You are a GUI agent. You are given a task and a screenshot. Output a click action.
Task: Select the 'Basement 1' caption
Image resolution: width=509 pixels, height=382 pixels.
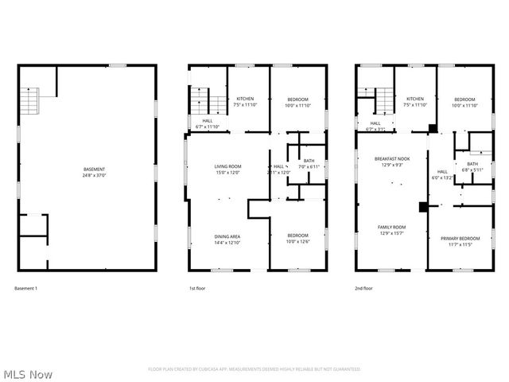point(26,288)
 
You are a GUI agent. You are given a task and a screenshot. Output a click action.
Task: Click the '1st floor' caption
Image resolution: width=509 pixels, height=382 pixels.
point(197,288)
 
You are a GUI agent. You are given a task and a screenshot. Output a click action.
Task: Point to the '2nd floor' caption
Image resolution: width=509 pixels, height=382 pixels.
point(364,288)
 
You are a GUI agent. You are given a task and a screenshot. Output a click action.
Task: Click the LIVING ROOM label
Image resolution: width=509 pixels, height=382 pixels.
point(227,166)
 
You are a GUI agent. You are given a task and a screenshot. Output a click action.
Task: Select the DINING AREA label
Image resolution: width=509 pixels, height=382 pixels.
point(227,236)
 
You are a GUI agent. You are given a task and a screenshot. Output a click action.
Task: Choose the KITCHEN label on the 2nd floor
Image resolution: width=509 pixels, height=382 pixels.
point(414,99)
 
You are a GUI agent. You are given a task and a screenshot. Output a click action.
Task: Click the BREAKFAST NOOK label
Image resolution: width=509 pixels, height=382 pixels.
point(390,159)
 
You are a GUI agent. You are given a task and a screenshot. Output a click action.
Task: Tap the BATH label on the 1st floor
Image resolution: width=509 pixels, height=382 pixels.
point(309,162)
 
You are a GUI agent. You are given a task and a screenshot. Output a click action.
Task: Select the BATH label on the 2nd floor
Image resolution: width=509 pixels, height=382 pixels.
point(472,164)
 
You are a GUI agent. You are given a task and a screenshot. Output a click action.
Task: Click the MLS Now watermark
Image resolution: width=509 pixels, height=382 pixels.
point(28,373)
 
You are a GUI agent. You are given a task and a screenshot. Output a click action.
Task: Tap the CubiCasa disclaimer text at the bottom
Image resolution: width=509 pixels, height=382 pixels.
point(254,369)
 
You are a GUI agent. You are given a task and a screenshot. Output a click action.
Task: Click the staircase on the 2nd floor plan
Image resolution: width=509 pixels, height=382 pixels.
point(384,100)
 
